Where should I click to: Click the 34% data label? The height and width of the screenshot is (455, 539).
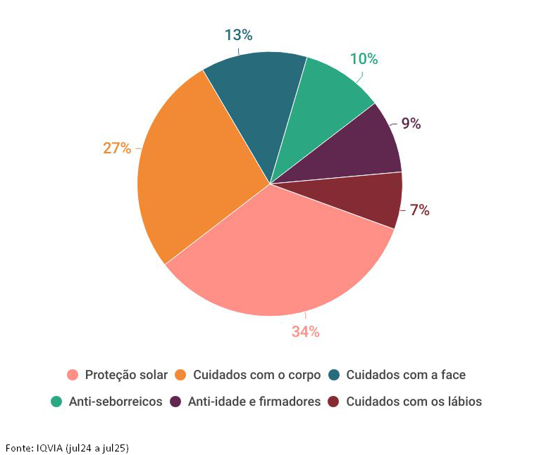306,332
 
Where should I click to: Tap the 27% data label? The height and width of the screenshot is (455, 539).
117,148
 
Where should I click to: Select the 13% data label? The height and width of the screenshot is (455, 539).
238,35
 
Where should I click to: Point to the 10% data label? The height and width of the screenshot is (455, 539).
364,59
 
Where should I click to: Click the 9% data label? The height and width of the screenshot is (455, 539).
411,124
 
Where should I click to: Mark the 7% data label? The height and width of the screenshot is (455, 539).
419,210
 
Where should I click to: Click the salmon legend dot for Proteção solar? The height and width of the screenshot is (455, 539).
72,376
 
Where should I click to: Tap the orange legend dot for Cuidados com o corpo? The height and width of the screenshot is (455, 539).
180,376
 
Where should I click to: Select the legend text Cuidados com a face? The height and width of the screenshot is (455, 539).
406,375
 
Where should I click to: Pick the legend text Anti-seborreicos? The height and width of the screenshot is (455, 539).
116,402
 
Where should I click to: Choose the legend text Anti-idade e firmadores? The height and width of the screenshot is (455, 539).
254,402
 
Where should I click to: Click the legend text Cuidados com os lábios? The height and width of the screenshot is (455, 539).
414,402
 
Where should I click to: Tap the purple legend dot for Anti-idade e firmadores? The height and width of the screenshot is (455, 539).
175,402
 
